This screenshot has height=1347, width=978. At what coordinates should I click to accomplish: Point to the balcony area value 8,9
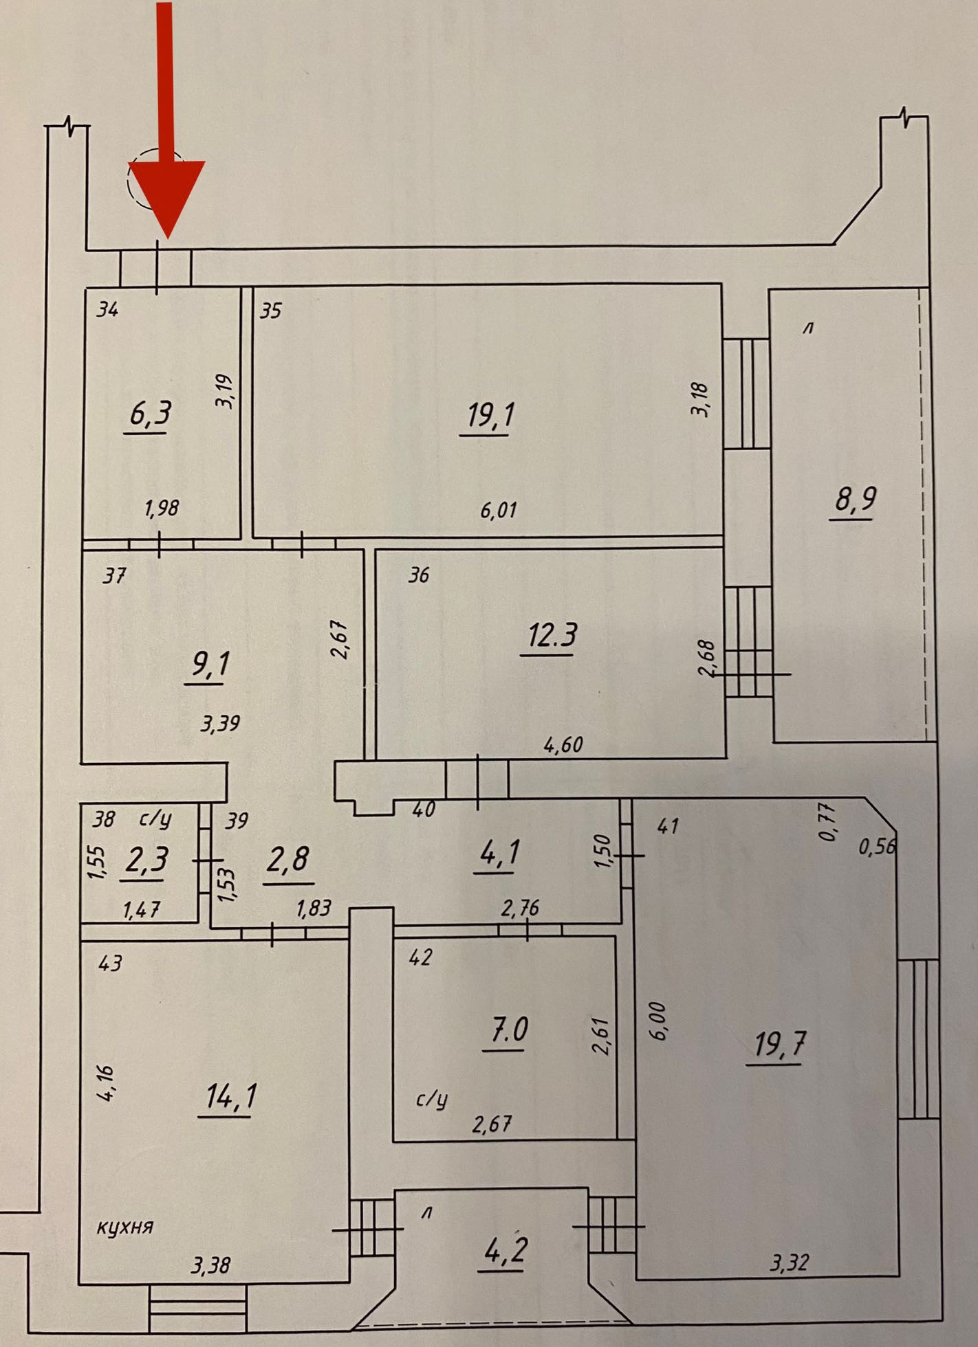[x=856, y=499]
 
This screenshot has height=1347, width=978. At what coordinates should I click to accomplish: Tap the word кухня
[x=124, y=1227]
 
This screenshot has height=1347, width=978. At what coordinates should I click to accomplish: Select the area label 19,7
[x=779, y=1045]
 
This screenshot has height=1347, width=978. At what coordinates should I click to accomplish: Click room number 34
[x=107, y=310]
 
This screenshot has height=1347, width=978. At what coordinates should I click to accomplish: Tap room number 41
[x=668, y=825]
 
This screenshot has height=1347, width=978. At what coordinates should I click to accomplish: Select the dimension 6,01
[x=499, y=510]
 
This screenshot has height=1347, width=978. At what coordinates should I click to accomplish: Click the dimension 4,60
[x=563, y=744]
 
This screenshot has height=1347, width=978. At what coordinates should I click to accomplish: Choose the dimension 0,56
[x=878, y=847]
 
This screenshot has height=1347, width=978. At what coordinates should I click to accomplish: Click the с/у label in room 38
[x=155, y=819]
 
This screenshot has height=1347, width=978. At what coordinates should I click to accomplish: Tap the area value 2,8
[x=287, y=860]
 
